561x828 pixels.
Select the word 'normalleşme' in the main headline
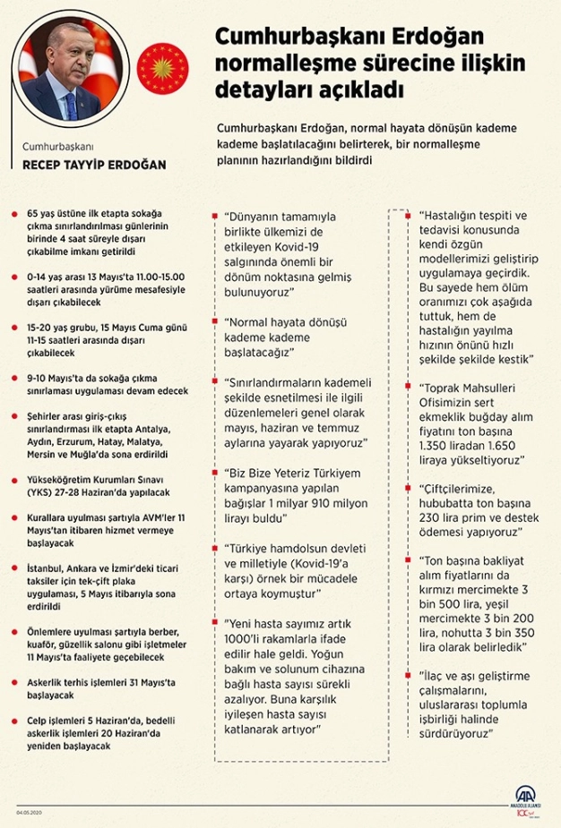[x=272, y=64]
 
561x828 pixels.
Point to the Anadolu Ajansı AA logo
[x=527, y=798]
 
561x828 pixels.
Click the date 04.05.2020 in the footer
[x=30, y=812]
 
